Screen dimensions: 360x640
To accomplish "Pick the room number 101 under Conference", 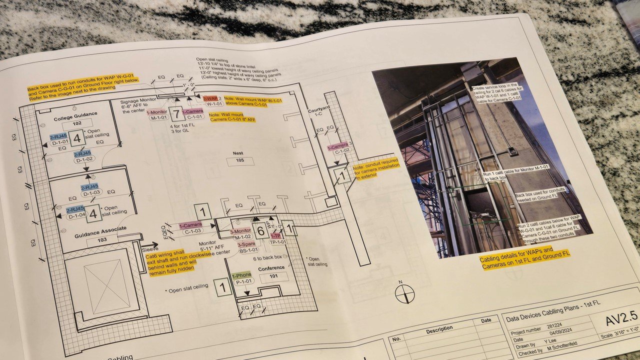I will tap(273, 276).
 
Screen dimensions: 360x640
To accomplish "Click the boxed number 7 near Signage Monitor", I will tap(175, 113).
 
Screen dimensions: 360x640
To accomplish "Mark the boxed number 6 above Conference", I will tap(260, 230).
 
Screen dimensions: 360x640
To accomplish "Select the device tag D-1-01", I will tap(60, 142).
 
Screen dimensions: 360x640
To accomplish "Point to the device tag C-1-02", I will tap(342, 150).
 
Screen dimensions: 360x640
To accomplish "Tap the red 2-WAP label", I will tap(210, 99).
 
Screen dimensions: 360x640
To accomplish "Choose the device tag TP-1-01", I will tap(278, 241).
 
